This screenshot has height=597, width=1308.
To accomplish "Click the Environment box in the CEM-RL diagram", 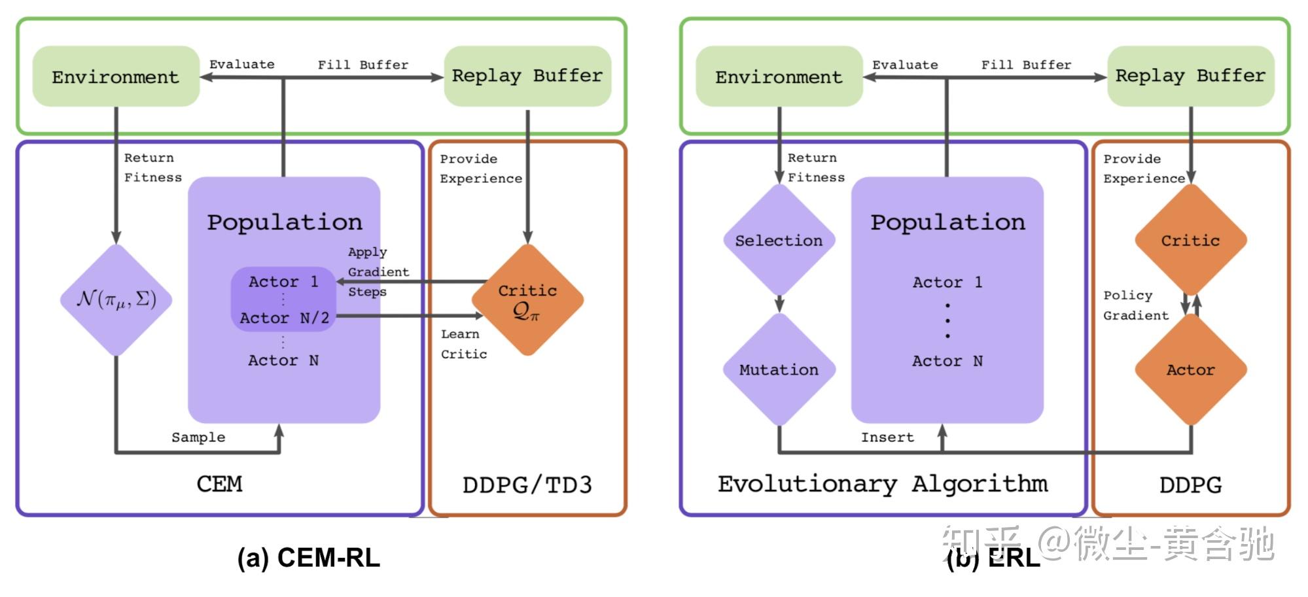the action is tap(116, 76).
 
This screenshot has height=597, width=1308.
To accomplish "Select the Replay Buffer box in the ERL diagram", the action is tap(1191, 76).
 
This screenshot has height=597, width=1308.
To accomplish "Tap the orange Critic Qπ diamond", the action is tap(527, 300).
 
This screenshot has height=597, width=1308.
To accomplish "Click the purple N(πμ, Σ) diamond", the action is tap(116, 300).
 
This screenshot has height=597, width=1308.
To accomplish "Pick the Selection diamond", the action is tap(779, 240).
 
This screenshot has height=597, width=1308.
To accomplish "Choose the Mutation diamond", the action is tap(779, 369).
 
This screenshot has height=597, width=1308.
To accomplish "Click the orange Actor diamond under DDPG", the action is tap(1191, 369).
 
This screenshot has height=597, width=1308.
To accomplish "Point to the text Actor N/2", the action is tap(284, 318).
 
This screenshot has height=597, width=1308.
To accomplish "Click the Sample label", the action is tap(198, 437).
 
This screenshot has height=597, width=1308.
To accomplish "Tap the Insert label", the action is tap(887, 437).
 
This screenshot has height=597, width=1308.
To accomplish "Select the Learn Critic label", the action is tap(464, 344).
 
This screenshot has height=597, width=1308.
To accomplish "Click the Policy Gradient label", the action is tap(1136, 305).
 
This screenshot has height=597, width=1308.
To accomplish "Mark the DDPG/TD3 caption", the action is tap(527, 485).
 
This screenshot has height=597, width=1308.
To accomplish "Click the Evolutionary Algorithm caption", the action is tap(883, 485).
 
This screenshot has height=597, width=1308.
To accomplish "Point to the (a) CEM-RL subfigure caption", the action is tap(309, 558).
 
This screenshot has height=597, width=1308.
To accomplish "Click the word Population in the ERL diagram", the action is tap(947, 222).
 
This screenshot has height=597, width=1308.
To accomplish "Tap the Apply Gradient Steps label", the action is tap(378, 272).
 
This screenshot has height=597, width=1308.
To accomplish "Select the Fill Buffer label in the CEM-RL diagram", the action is tap(363, 65).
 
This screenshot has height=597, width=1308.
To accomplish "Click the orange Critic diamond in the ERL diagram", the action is tap(1191, 240).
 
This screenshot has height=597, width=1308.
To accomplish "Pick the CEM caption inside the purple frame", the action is tap(219, 485).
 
